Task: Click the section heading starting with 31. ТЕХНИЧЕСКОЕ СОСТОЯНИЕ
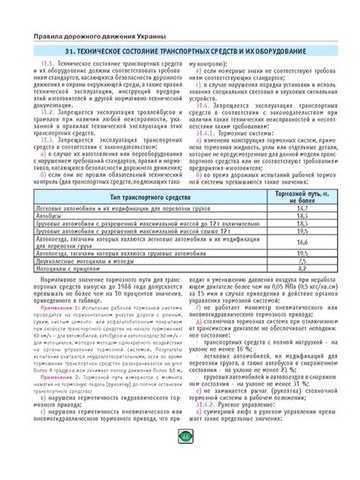(180, 47)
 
